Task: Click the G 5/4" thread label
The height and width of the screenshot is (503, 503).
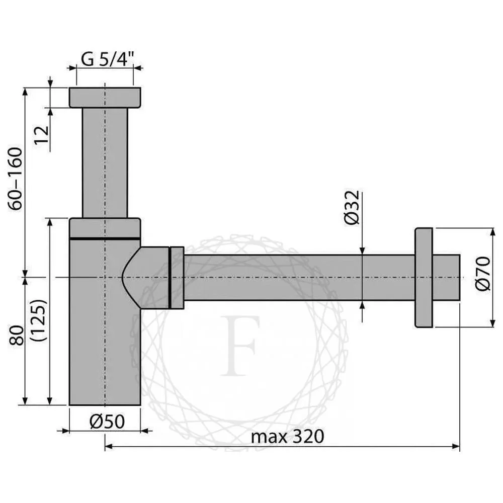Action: [x=107, y=60]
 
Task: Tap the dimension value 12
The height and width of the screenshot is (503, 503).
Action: [x=42, y=135]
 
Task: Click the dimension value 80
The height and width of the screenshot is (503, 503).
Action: [x=17, y=334]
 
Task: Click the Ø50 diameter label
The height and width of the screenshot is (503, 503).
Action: [x=106, y=422]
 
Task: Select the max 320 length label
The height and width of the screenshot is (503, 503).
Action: [x=287, y=436]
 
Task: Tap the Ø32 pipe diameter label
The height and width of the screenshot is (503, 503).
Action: [x=353, y=207]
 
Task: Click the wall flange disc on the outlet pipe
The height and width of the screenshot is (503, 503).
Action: [x=424, y=278]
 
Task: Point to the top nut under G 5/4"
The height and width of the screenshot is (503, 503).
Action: [x=105, y=97]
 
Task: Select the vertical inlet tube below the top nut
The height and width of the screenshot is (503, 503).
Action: [x=105, y=161]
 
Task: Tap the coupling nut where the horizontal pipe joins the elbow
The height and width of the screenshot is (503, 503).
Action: [x=177, y=277]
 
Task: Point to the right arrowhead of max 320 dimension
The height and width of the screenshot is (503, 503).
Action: [x=456, y=446]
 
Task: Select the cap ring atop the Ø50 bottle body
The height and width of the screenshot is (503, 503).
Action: [x=105, y=227]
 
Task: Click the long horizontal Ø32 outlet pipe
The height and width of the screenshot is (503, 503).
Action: [x=297, y=278]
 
